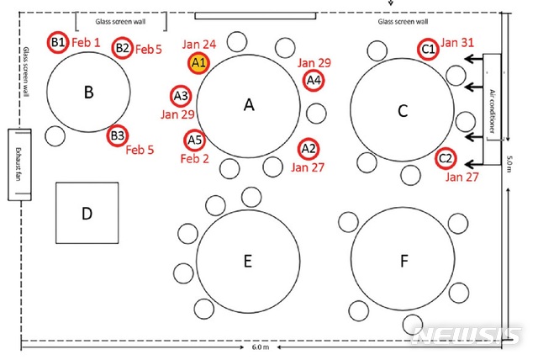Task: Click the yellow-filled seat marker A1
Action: [198, 62]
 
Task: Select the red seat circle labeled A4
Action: [314, 80]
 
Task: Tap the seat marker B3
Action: [117, 135]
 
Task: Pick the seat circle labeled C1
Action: [428, 50]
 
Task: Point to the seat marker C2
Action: [446, 157]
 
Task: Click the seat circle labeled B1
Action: [58, 42]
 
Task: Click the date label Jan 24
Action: [198, 43]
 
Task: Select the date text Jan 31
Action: [458, 43]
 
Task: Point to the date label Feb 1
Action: [86, 42]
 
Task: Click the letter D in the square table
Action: [87, 214]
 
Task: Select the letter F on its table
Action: [403, 262]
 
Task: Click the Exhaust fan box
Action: [18, 164]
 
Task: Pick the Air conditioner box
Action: [493, 99]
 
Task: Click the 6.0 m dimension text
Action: [261, 347]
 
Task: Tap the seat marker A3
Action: [181, 95]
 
